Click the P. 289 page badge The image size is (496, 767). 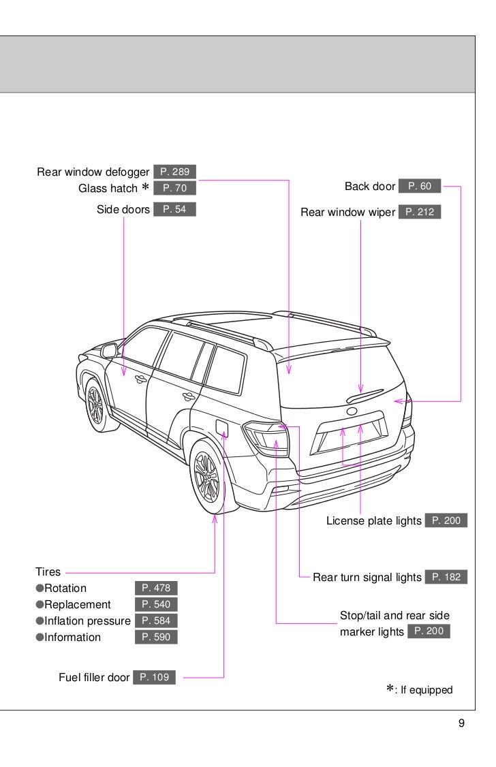pyautogui.click(x=174, y=172)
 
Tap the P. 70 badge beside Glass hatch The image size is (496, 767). pyautogui.click(x=174, y=188)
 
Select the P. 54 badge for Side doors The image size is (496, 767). pyautogui.click(x=174, y=209)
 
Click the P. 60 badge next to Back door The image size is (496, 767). pyautogui.click(x=420, y=186)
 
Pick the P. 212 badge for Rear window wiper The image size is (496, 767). pyautogui.click(x=420, y=212)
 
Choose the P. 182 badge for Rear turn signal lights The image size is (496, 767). pyautogui.click(x=446, y=577)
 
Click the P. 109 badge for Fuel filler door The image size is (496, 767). pyautogui.click(x=154, y=677)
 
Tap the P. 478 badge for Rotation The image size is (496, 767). pyautogui.click(x=156, y=588)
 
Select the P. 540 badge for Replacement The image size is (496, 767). pyautogui.click(x=156, y=604)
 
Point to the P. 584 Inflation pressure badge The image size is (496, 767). pyautogui.click(x=156, y=621)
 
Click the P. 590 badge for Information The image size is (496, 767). pyautogui.click(x=156, y=637)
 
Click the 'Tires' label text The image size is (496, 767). pyautogui.click(x=48, y=572)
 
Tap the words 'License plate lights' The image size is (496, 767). pyautogui.click(x=373, y=521)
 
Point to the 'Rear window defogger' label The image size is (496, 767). pyautogui.click(x=93, y=172)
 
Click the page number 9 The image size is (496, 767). pyautogui.click(x=461, y=723)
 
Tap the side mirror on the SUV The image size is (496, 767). pyautogui.click(x=108, y=351)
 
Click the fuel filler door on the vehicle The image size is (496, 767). pyautogui.click(x=222, y=427)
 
